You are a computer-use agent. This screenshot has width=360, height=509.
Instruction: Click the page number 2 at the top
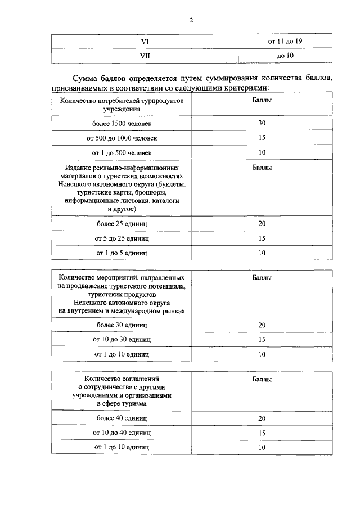click(x=191, y=21)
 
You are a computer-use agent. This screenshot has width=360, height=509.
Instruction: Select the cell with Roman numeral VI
click(x=145, y=42)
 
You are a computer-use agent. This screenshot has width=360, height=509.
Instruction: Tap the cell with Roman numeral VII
click(x=145, y=57)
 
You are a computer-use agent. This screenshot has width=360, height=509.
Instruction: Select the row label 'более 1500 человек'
click(x=122, y=123)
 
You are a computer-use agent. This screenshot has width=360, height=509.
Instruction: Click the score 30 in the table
click(x=262, y=123)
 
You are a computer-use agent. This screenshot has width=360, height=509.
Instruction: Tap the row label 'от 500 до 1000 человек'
click(x=122, y=138)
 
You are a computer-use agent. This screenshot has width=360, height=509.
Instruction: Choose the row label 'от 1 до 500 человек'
click(x=122, y=152)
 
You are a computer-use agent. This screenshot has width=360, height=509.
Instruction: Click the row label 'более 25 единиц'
click(x=122, y=224)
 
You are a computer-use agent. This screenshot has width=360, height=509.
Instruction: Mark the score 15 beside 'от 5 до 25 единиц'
click(x=262, y=238)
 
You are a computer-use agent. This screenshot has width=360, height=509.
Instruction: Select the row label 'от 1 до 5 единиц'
click(x=122, y=253)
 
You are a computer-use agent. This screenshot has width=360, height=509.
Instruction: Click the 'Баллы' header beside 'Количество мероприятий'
click(x=262, y=278)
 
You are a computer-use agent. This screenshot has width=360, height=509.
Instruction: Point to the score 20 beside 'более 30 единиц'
click(x=262, y=325)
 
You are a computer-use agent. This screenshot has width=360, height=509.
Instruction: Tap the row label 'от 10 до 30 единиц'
click(x=122, y=340)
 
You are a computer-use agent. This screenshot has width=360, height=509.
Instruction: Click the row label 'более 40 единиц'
click(x=122, y=418)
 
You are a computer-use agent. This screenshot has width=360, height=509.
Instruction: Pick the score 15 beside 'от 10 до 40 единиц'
click(x=262, y=433)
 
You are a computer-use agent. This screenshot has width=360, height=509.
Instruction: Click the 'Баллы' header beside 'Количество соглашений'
click(x=262, y=380)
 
